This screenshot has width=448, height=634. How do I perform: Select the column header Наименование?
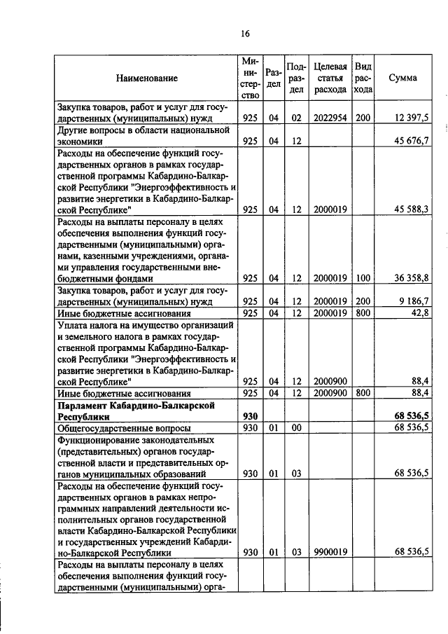pos(147,78)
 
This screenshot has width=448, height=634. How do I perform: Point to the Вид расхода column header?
pos(363,78)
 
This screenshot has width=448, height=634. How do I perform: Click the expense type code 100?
pos(363,277)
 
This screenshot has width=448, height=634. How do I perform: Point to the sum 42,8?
pos(419,312)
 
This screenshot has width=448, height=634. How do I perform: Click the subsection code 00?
pos(296,427)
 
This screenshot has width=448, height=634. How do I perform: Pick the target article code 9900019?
pos(330,552)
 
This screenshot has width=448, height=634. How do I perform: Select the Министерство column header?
pos(251,78)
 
